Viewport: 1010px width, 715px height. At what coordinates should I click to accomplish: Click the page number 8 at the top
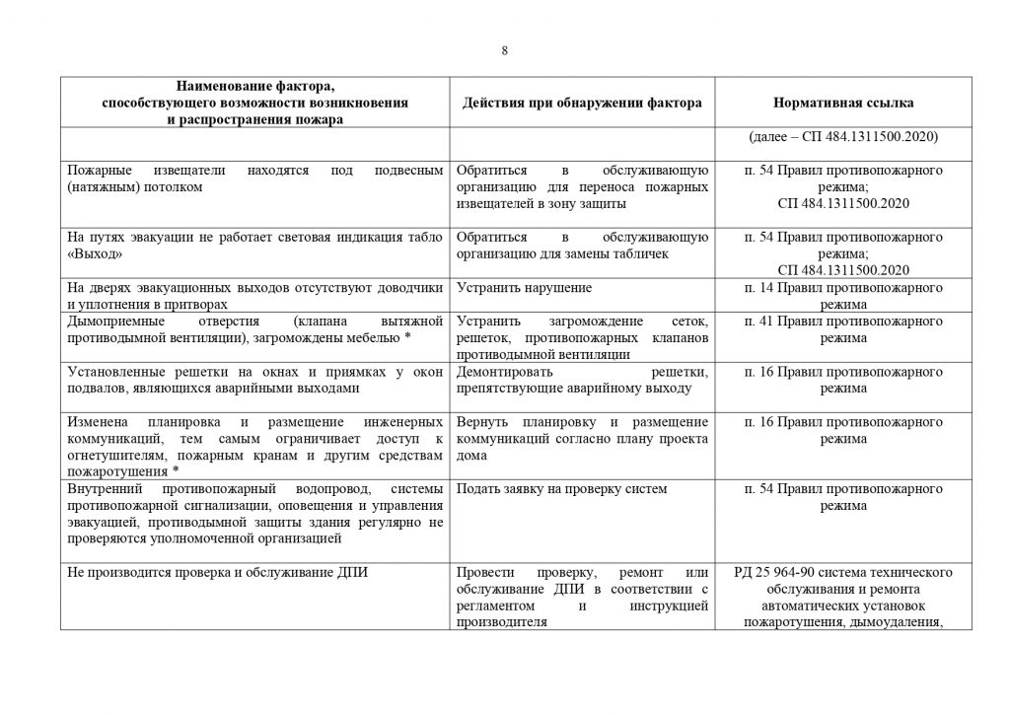[504, 51]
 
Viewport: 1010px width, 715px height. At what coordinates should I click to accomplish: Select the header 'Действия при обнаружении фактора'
[582, 103]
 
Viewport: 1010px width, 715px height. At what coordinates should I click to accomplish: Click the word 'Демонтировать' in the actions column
[501, 372]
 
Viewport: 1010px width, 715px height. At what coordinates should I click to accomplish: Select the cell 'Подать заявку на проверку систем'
[562, 488]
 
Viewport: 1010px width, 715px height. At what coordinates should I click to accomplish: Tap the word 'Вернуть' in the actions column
[481, 422]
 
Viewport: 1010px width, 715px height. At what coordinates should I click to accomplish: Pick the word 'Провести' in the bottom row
[483, 572]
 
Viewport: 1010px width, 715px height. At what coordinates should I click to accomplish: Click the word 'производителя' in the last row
[501, 622]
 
